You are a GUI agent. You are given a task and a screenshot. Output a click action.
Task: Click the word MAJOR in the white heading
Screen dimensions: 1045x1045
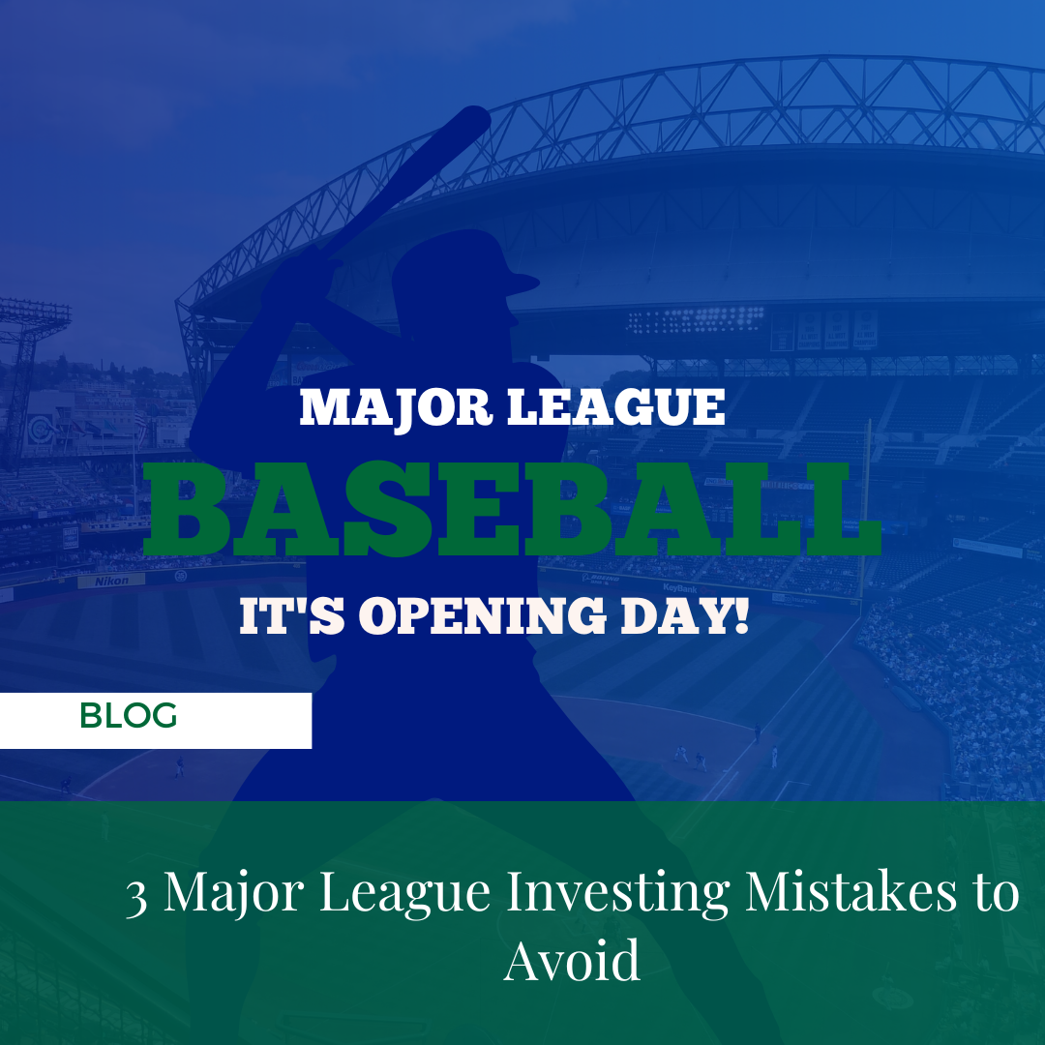(397, 407)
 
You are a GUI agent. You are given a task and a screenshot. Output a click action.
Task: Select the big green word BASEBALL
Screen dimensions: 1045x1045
(512, 509)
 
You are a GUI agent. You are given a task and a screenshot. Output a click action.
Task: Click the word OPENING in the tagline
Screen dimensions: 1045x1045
(483, 615)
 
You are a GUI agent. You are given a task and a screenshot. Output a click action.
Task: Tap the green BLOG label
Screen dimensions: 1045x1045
(128, 716)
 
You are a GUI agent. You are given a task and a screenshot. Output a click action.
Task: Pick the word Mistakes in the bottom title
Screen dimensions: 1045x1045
(851, 891)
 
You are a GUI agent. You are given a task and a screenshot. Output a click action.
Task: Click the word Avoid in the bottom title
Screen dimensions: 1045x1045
(572, 960)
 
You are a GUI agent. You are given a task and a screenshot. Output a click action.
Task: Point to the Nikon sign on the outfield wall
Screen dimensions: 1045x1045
(111, 582)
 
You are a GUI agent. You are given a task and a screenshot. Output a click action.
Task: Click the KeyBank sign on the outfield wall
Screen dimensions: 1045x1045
(680, 588)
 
